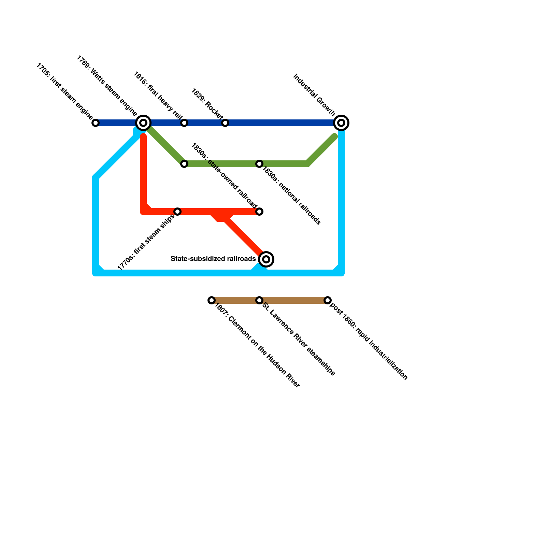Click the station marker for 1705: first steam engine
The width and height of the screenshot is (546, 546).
pos(96,123)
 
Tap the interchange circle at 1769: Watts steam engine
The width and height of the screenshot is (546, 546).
pos(143,123)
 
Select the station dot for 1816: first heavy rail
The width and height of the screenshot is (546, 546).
pos(184,123)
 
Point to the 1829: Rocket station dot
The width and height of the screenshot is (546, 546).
pos(225,123)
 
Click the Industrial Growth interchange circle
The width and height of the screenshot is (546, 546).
pos(341,123)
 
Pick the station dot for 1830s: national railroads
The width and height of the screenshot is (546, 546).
pos(259,164)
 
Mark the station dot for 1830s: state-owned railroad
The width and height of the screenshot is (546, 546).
pos(259,212)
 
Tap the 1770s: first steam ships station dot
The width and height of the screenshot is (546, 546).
pos(177,212)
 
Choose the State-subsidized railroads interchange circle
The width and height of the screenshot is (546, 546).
pos(266,259)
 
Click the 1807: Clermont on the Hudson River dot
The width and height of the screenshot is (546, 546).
pos(212,300)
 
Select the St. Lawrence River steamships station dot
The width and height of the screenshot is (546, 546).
pos(259,300)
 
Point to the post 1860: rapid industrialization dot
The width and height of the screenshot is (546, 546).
pos(328,300)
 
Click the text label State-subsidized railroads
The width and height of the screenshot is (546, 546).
pos(213,259)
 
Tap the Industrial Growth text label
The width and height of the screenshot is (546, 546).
pos(314,95)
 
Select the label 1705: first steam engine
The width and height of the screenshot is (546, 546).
pos(64,92)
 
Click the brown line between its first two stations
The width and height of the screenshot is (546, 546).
pos(235,300)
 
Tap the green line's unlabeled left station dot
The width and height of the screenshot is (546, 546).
pos(184,164)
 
